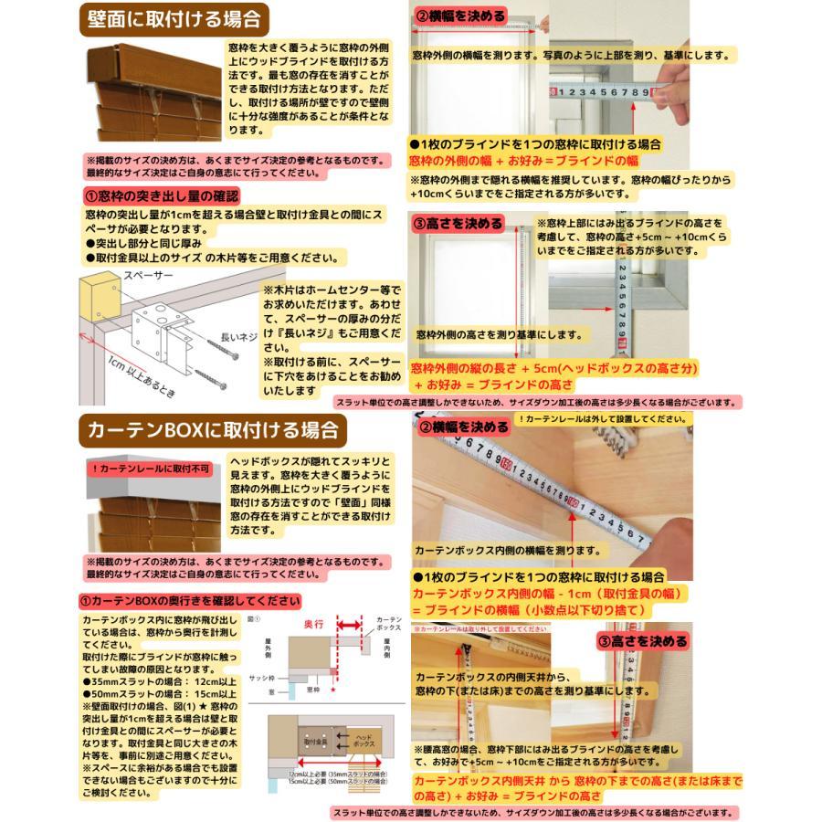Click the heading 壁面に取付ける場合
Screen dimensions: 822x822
pos(174,18)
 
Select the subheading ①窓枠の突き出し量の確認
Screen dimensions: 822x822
pos(162,196)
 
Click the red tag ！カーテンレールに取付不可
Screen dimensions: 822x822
pos(150,469)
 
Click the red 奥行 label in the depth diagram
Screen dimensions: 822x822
pos(313,623)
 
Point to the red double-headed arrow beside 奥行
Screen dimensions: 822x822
pos(351,627)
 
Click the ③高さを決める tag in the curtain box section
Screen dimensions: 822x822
pos(642,641)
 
